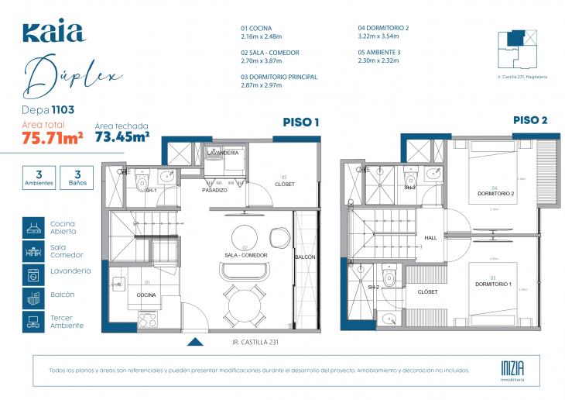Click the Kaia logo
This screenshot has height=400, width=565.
tap(53, 32)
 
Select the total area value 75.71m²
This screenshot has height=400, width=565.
tap(53, 138)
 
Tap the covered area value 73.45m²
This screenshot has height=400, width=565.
tap(122, 137)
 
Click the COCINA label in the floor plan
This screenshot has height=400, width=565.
tap(147, 295)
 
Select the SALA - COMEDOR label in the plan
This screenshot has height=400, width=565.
tap(246, 254)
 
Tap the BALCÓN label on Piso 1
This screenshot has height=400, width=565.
tap(305, 257)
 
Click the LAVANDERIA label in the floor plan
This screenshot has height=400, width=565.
tap(223, 153)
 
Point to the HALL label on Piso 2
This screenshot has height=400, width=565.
tap(431, 238)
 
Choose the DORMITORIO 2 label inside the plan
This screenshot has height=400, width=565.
tap(496, 193)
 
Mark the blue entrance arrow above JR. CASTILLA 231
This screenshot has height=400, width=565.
tap(196, 340)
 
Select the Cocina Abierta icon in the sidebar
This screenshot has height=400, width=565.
tap(33, 227)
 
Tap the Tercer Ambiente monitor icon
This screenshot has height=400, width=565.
tap(33, 322)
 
